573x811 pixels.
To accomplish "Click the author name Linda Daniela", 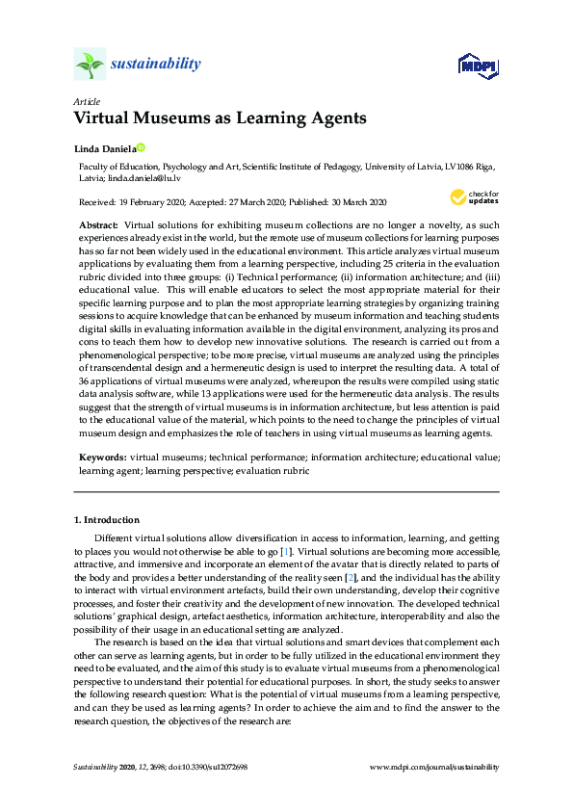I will coord(104,148).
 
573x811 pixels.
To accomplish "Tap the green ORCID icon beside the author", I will coord(141,148).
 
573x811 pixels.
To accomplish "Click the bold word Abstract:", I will coord(98,223).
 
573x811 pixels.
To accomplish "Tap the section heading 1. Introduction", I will coord(107,520).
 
